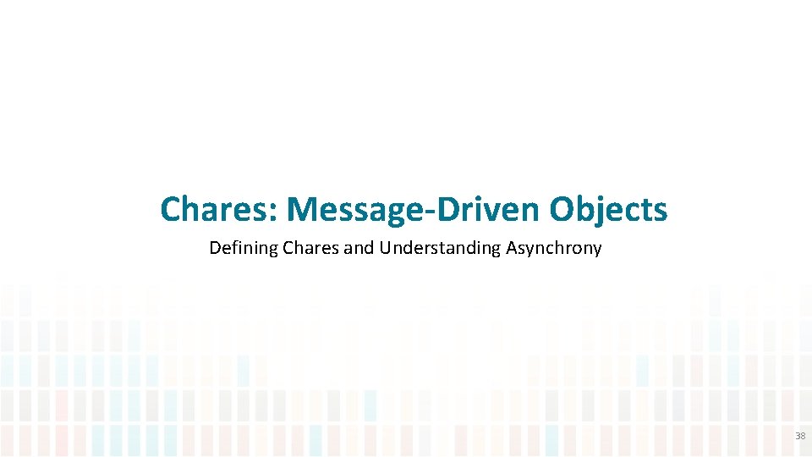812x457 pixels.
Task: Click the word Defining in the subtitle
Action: [239, 249]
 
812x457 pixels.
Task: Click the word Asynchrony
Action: [554, 249]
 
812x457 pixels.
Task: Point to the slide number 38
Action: [799, 436]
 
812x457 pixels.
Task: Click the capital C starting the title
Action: [171, 209]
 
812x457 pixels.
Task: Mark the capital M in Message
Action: [302, 209]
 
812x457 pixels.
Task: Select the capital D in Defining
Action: [214, 248]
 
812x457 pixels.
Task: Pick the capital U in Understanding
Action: [385, 248]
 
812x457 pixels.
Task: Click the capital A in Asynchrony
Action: [511, 248]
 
